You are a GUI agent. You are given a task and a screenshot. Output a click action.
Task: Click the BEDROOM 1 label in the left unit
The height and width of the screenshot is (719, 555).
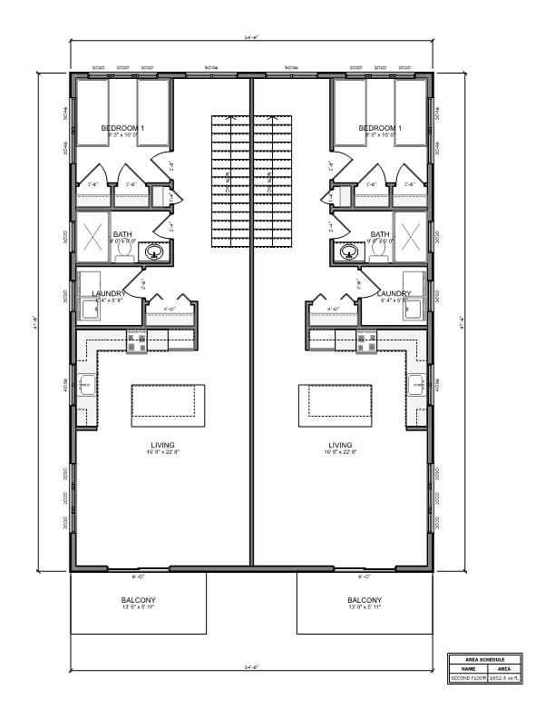(x=122, y=129)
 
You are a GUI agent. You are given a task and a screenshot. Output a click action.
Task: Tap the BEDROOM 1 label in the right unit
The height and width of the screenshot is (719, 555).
(x=380, y=129)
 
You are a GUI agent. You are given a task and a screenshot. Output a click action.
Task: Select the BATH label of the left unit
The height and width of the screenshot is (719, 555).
(x=122, y=234)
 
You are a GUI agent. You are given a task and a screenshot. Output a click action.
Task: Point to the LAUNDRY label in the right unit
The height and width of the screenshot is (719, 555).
(x=394, y=293)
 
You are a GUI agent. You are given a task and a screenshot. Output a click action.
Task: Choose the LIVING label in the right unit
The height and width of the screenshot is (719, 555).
(x=340, y=445)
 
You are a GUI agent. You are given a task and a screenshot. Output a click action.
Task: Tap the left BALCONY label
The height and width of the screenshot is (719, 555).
(x=139, y=600)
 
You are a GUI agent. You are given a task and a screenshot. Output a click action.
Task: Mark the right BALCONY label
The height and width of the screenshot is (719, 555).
(x=365, y=600)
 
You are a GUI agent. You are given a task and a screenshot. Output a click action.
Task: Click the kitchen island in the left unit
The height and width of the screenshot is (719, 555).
(x=168, y=405)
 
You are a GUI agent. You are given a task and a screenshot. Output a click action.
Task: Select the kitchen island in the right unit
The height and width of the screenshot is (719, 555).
(x=336, y=405)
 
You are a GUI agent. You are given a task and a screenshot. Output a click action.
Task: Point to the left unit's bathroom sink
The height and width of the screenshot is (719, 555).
(x=155, y=251)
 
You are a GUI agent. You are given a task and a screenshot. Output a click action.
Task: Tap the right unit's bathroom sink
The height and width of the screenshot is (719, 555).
(x=348, y=251)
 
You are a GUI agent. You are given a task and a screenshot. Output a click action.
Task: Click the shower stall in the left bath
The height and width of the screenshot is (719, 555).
(x=92, y=236)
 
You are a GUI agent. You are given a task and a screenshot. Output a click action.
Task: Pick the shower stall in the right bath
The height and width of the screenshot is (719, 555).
(x=411, y=236)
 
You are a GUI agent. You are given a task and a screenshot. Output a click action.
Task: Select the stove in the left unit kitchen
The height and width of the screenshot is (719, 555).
(x=136, y=341)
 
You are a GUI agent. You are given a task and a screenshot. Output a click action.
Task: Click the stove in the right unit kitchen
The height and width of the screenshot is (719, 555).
(x=367, y=341)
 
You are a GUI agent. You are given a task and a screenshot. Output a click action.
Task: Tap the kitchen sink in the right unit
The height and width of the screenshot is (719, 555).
(x=415, y=384)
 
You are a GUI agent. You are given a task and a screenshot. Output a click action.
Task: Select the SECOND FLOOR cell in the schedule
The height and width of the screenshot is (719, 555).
(x=469, y=678)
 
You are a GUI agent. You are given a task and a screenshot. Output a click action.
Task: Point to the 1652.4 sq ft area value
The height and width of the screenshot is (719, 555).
(x=505, y=678)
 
